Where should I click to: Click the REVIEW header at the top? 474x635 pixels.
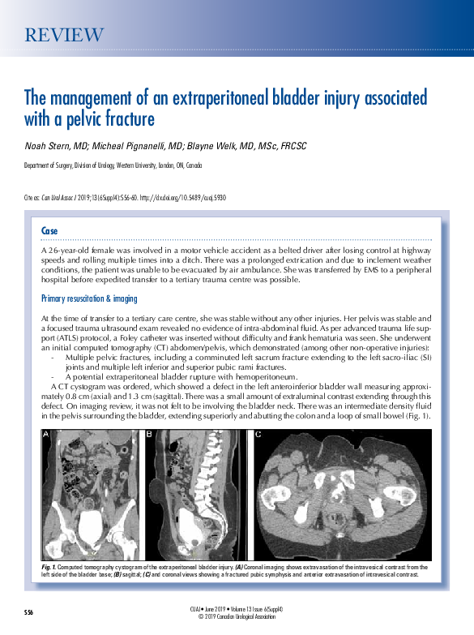(x=64, y=35)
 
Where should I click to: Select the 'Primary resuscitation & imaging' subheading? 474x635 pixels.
(x=89, y=299)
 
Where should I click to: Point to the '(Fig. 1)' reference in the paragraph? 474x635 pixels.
(x=414, y=416)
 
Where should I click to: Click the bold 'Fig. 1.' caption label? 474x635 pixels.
(x=48, y=566)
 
